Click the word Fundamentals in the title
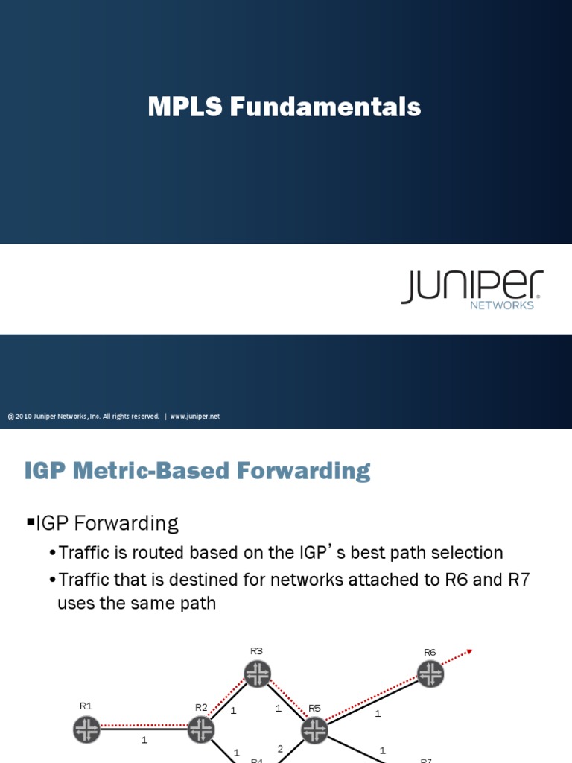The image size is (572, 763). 325,107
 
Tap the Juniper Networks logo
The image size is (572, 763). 472,289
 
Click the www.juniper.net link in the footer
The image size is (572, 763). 195,417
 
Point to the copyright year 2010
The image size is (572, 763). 23,417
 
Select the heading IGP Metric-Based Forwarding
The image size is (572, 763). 197,471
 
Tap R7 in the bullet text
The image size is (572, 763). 518,580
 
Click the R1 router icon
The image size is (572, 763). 87,729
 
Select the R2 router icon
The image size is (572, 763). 201,729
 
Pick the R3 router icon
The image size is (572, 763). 257,674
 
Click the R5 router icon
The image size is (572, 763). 314,729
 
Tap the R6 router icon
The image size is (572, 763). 430,674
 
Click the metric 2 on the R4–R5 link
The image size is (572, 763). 280,749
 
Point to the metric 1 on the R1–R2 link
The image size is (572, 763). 144,741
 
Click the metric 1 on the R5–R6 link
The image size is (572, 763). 378,714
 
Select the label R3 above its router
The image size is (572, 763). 257,651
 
